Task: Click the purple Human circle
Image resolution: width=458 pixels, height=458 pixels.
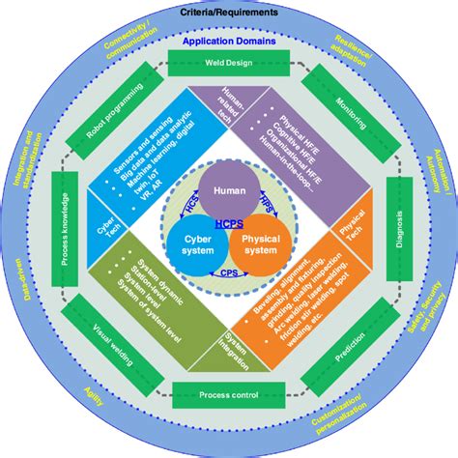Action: pos(229,191)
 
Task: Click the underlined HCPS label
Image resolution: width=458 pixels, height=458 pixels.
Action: pos(229,224)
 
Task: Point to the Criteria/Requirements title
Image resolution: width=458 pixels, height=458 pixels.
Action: pos(229,13)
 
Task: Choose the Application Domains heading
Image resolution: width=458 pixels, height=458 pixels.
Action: pos(229,43)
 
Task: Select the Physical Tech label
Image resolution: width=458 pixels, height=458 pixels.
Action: pos(350,229)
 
